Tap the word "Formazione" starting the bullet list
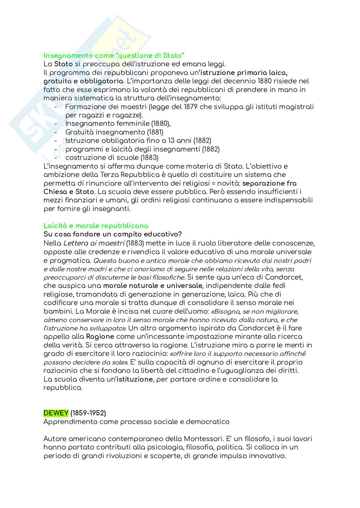tap(84, 107)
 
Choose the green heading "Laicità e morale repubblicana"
tap(96, 226)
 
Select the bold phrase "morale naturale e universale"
tap(153, 286)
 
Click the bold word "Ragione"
tap(100, 337)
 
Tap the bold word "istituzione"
tap(135, 379)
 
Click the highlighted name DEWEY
tap(56, 413)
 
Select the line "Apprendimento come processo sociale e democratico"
tap(137, 422)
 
